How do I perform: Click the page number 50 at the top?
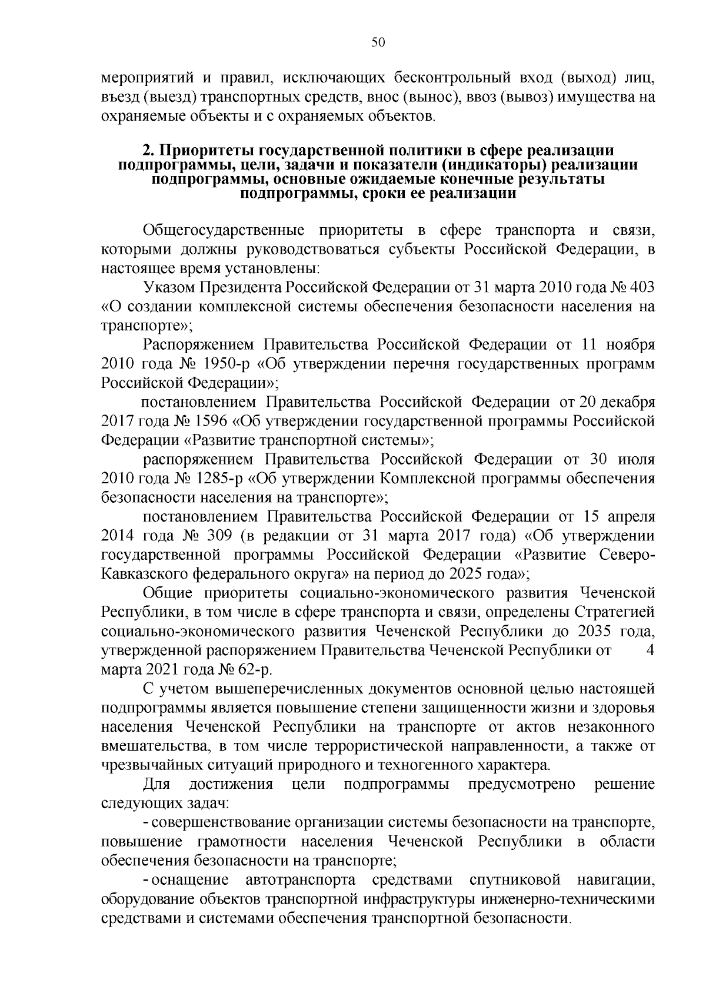pos(378,42)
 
